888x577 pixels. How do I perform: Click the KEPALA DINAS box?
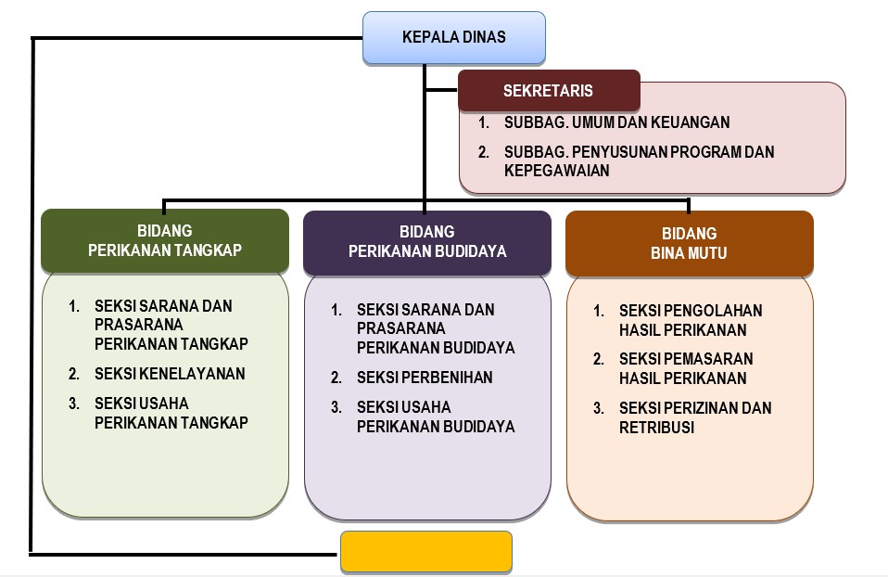[453, 37]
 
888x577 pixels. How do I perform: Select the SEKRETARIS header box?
[549, 91]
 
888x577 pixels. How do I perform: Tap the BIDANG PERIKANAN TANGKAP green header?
[165, 241]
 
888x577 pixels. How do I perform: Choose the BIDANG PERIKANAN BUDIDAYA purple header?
[427, 241]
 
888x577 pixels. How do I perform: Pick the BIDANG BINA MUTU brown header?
[689, 243]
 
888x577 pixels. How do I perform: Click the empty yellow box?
[426, 551]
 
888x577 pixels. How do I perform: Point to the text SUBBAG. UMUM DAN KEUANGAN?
[616, 122]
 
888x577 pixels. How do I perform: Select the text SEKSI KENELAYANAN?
[170, 374]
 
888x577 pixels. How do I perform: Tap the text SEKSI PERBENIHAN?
[425, 378]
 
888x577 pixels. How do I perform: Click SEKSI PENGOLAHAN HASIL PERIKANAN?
[691, 320]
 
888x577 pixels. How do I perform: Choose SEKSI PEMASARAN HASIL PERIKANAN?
[686, 368]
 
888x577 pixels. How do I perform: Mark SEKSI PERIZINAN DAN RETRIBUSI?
[695, 417]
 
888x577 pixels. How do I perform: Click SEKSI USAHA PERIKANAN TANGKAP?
[171, 413]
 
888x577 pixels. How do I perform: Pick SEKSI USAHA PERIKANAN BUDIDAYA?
[436, 417]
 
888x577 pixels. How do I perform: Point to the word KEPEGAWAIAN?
[556, 172]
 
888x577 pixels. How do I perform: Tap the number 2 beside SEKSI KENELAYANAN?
[73, 374]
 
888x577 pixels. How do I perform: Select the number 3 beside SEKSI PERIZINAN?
[599, 408]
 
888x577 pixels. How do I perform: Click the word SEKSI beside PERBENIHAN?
[377, 378]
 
